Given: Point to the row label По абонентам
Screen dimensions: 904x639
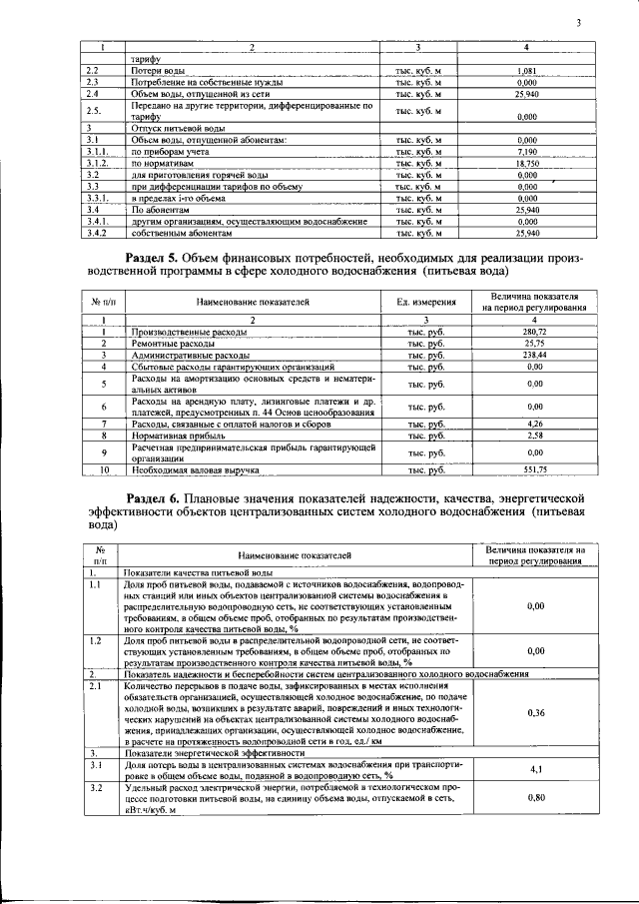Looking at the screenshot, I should pyautogui.click(x=160, y=210).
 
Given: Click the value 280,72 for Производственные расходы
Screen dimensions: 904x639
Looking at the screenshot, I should pyautogui.click(x=534, y=331).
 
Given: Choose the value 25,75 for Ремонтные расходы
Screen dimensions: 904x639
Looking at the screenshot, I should pyautogui.click(x=534, y=343).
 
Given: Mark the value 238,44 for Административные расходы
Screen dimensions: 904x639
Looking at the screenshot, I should pyautogui.click(x=534, y=355).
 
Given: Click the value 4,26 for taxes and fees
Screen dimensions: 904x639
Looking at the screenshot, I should pyautogui.click(x=534, y=424).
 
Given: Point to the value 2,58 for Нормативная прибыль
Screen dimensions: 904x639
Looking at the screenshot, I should pyautogui.click(x=534, y=436).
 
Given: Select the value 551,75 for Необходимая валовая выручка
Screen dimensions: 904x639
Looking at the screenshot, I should pyautogui.click(x=534, y=469).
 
